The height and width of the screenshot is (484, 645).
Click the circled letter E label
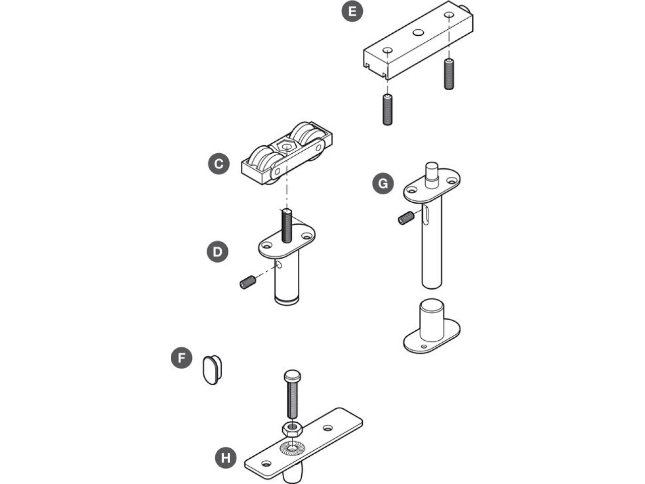pos(352,11)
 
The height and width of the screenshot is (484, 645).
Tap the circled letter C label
pos(219,164)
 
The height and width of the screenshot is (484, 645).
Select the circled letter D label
pos(218,252)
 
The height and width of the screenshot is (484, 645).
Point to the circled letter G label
pos(383,184)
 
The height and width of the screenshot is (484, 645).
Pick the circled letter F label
pos(181,358)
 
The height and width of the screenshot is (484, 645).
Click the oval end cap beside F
pos(213,370)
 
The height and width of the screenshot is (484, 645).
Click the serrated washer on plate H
pos(292,448)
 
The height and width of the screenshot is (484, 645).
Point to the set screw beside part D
pos(248,282)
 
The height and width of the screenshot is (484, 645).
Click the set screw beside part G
pos(406,218)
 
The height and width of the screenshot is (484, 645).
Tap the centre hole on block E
pos(418,32)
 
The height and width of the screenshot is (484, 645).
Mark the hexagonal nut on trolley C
pos(285,146)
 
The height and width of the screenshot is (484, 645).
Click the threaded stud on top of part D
pos(287,225)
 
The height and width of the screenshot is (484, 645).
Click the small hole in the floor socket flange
pos(423,346)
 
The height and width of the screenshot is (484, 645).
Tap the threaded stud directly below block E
pos(388,109)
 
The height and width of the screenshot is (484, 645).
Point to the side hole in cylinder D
pos(279,265)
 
